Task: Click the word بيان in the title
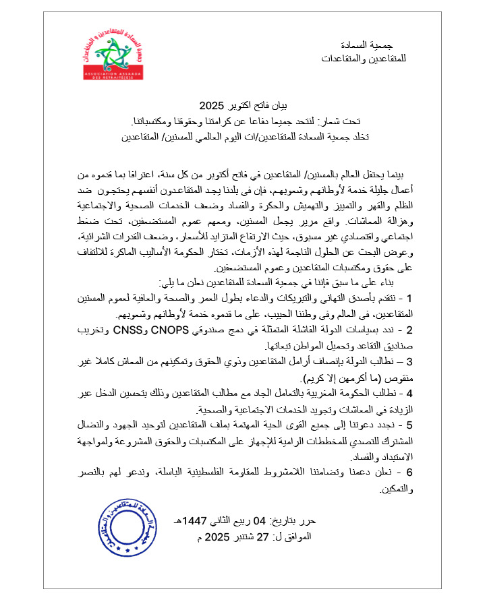pyautogui.click(x=288, y=107)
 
